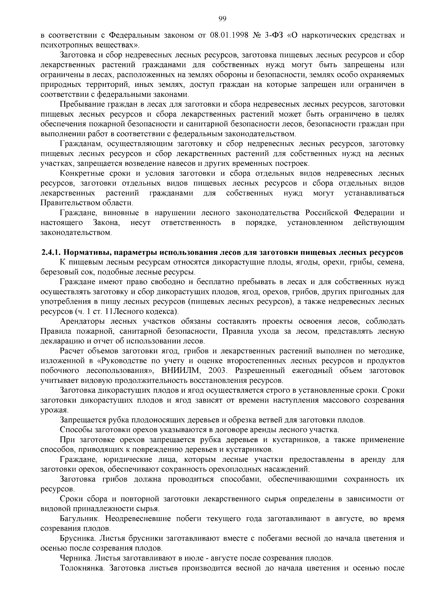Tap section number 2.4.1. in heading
(51, 253)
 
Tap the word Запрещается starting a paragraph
(83, 420)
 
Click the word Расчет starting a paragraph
(73, 351)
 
